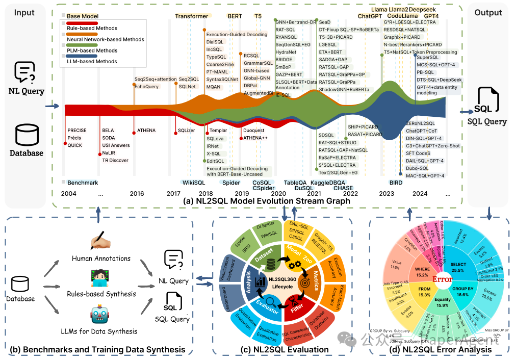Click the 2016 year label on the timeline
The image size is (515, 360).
137,193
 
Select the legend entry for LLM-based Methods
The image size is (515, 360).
92,62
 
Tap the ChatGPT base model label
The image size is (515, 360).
370,16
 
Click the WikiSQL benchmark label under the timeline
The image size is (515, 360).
193,182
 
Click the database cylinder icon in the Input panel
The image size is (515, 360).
26,136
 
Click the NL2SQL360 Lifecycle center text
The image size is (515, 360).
282,283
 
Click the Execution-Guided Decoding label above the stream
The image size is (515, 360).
237,35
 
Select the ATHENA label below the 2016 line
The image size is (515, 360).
146,131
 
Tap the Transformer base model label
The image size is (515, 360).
191,16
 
